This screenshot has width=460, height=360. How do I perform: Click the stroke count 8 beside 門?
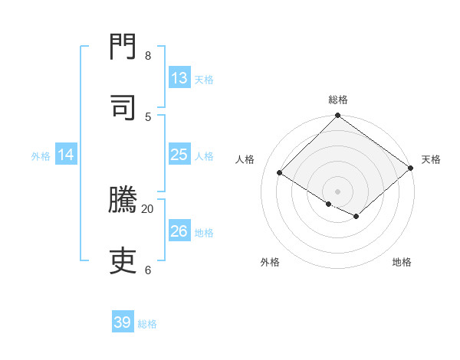pos(148,55)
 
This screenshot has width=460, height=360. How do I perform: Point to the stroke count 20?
pos(148,208)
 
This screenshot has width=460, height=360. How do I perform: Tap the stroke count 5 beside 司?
pos(148,116)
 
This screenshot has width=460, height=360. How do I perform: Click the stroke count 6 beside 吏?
pos(148,270)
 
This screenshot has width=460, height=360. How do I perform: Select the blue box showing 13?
pos(179,78)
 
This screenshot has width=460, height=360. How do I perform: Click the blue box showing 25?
pos(179,155)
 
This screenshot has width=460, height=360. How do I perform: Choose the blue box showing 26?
pos(179,231)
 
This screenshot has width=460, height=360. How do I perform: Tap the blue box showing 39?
pos(123,322)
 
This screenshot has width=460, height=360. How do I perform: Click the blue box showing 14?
pos(66,155)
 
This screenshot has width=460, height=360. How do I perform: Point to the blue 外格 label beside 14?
pos(41,155)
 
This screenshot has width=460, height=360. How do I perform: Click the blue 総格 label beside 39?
pos(147,324)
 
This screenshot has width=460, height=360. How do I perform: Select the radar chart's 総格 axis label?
pos(338,100)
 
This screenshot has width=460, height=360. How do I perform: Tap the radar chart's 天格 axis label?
pos(431,159)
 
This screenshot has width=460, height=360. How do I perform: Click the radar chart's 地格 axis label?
pos(402,262)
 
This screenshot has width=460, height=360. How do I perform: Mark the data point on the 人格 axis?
pos(280,173)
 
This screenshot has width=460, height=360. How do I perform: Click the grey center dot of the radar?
pos(338,191)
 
